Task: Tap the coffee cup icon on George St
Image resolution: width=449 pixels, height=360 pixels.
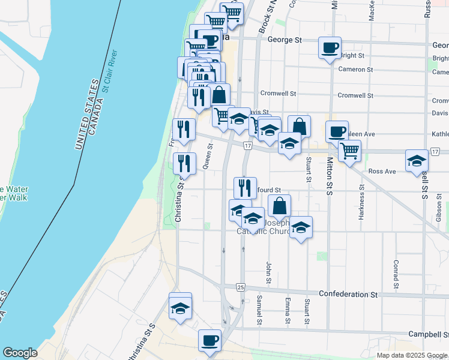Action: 329,48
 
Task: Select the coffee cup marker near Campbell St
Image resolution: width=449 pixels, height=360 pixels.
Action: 210,341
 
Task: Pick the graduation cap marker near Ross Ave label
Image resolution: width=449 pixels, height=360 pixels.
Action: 417,161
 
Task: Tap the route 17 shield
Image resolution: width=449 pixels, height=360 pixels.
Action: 247,146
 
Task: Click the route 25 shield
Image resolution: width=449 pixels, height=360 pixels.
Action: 240,287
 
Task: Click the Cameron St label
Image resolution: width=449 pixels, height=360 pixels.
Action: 355,70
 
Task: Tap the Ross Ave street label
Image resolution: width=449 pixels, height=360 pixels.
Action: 382,172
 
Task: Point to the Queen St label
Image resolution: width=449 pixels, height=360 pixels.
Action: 208,160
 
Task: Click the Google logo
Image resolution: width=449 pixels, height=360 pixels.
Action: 20,353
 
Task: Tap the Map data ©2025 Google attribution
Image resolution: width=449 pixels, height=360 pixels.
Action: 412,355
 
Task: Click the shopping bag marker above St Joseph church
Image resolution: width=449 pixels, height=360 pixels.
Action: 279,206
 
